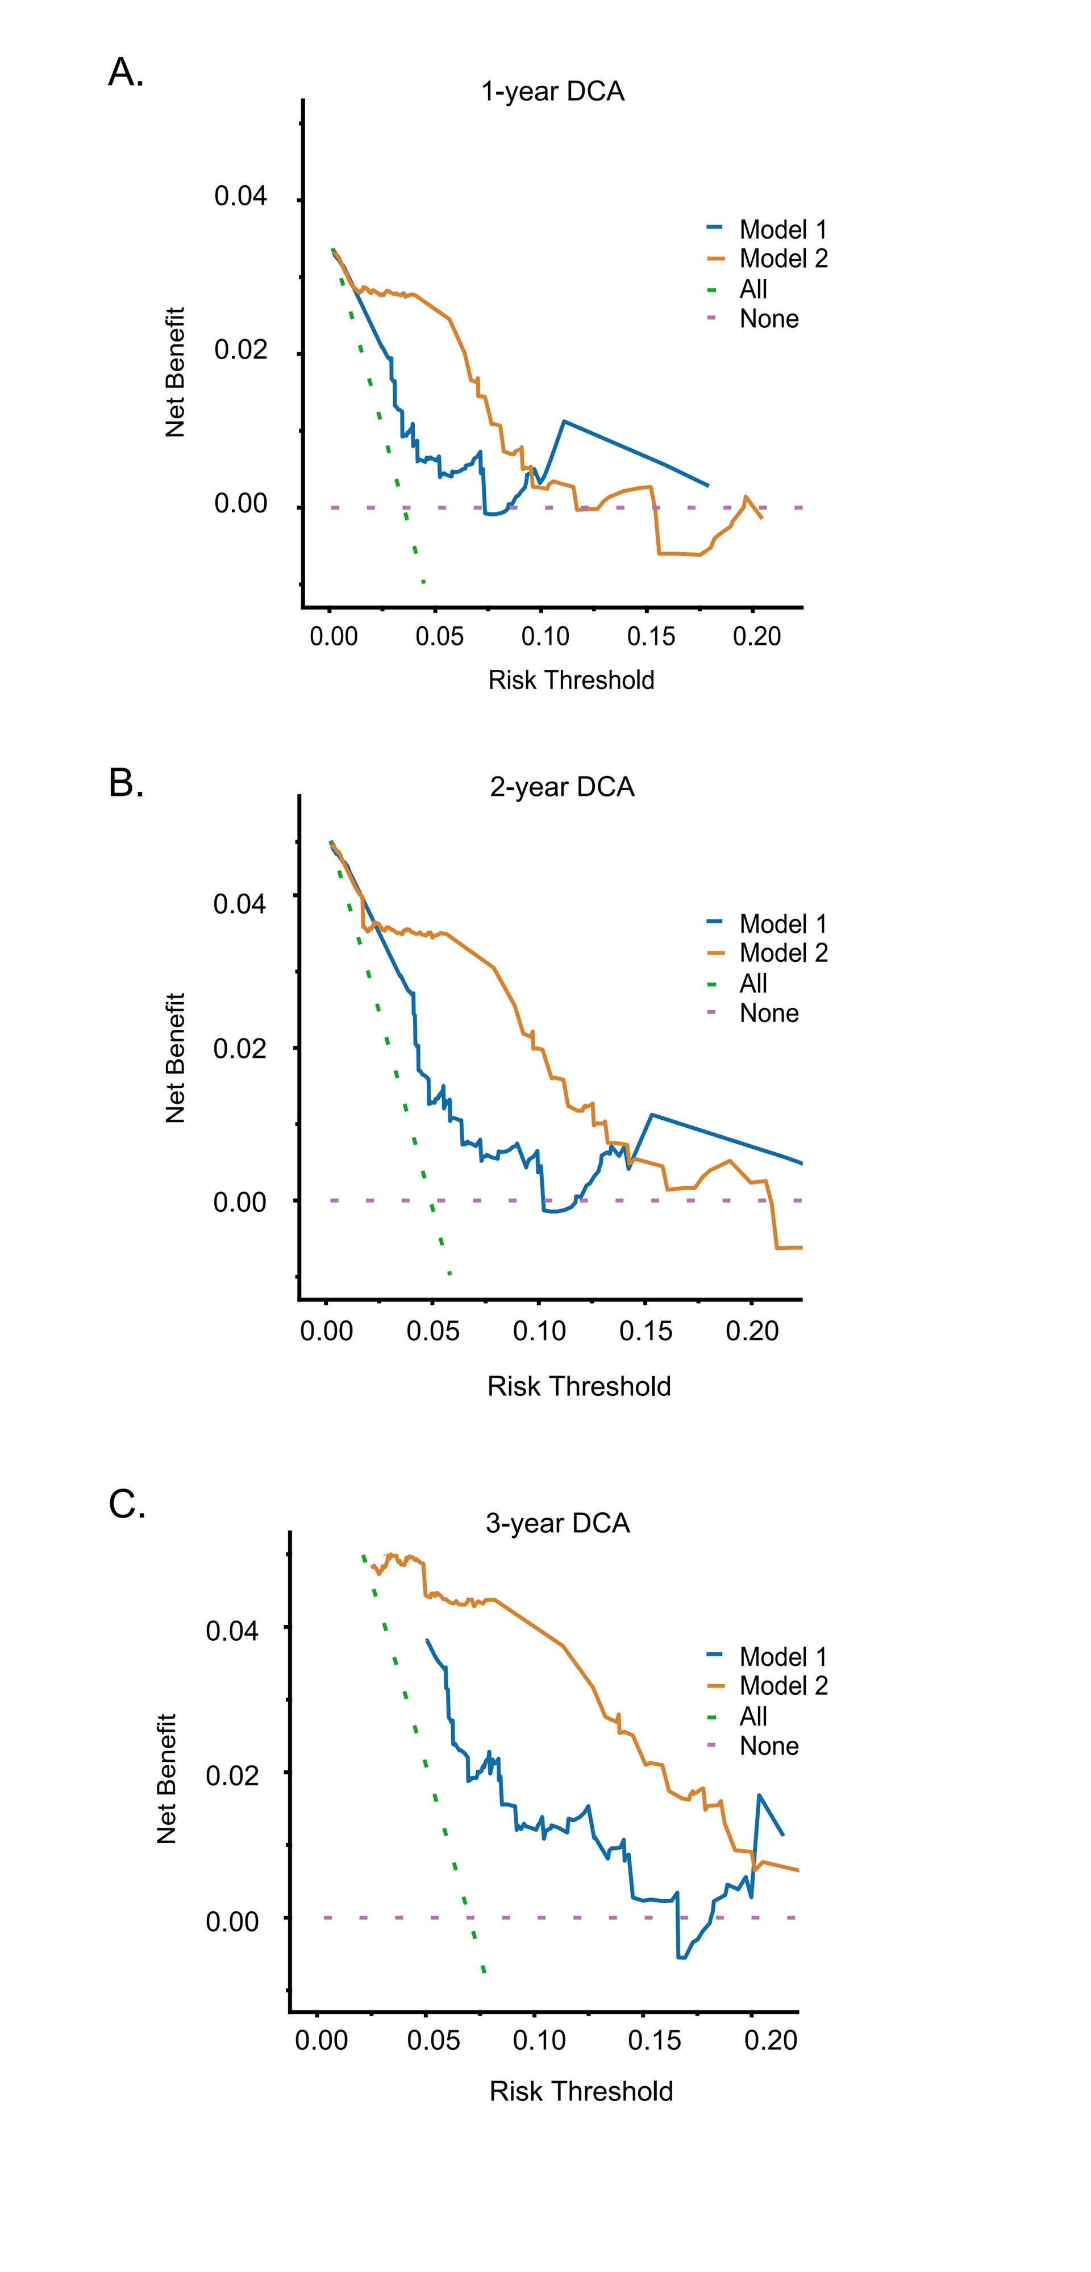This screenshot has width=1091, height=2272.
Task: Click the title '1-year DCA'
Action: pos(552,91)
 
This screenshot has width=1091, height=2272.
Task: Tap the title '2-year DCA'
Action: pos(562,787)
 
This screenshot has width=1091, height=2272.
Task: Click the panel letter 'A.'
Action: pos(125,72)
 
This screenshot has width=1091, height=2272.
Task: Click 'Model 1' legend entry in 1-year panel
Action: pos(782,230)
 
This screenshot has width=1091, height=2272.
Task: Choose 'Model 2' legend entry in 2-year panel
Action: pos(782,953)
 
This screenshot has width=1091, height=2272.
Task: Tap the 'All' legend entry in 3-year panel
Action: pos(752,1716)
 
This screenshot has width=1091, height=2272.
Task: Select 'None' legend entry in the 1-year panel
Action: pos(768,318)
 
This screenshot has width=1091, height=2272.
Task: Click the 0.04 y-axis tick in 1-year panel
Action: pos(240,196)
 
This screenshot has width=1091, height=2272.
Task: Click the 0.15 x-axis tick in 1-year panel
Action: pos(651,636)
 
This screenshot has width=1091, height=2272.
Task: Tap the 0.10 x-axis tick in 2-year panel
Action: pos(539,1331)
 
